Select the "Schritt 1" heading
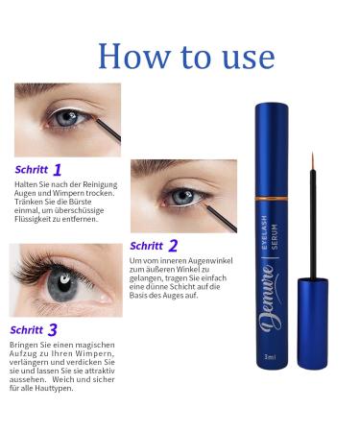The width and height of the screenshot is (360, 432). tap(37, 170)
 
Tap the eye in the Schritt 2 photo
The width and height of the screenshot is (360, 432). tap(182, 195)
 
